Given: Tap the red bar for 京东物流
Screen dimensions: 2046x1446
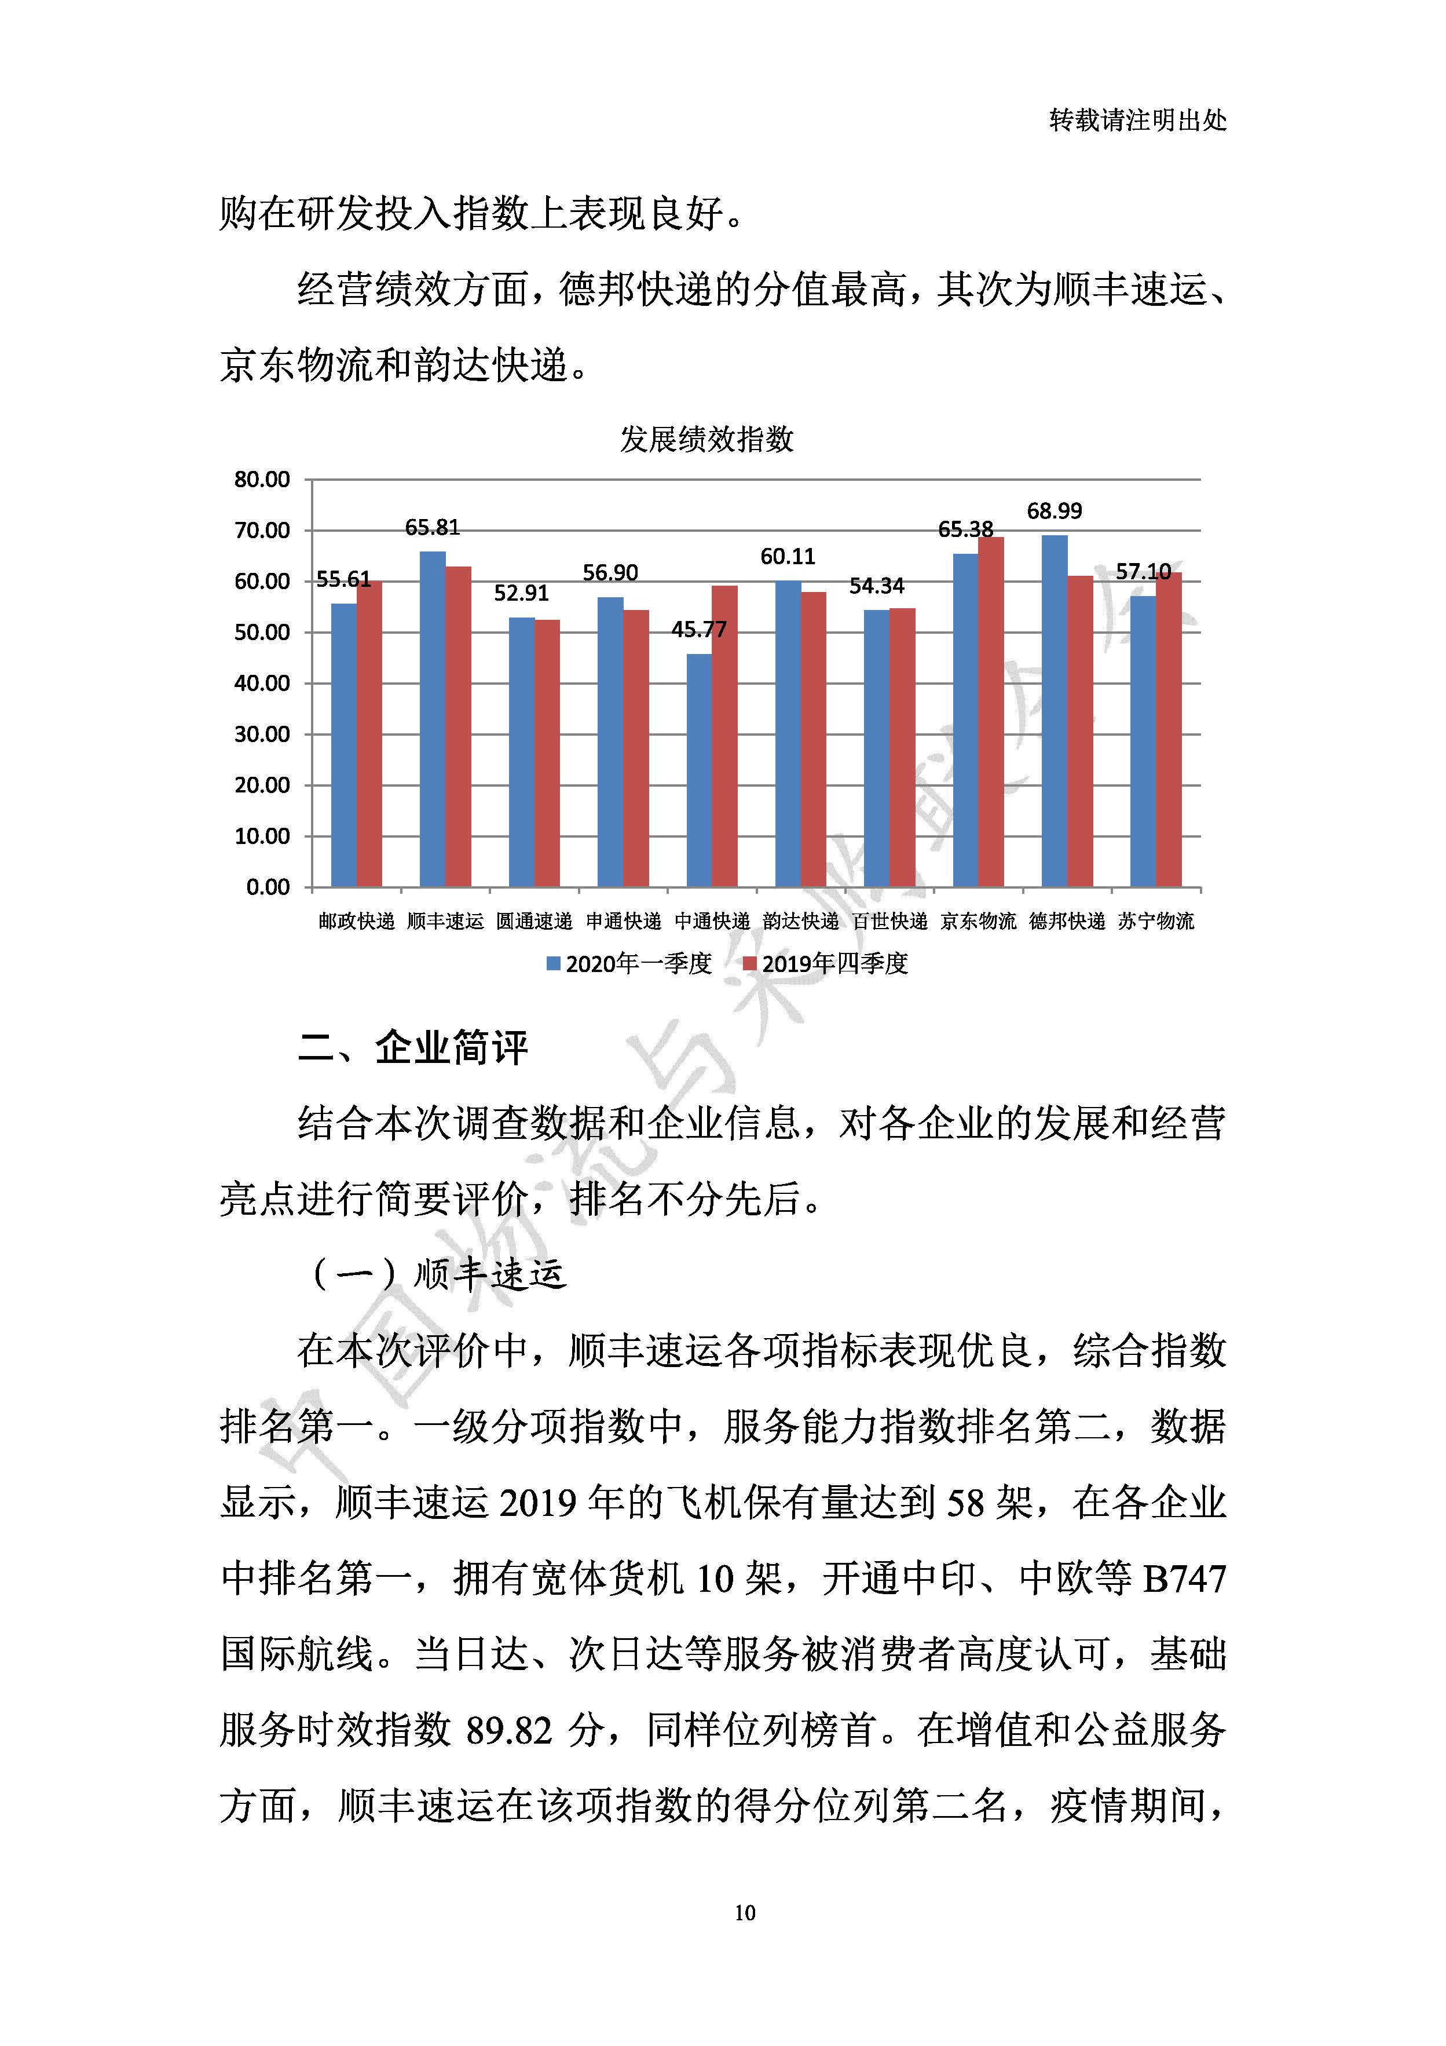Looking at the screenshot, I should coord(991,713).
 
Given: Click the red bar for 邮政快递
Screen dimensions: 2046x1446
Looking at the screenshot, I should coord(369,735).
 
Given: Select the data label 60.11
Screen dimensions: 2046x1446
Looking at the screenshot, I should coord(788,557).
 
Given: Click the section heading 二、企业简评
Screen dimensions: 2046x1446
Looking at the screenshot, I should coord(412,1047).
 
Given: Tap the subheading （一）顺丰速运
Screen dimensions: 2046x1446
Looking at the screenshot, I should coord(437,1275).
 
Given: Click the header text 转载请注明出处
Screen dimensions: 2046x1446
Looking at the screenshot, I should coord(1138,120).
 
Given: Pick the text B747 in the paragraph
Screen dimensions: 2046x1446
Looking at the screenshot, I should coord(1184,1579).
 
